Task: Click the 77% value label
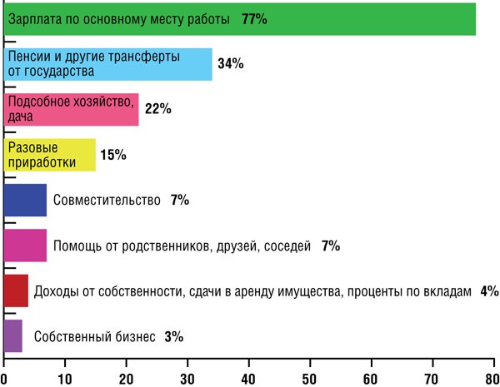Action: pos(254,19)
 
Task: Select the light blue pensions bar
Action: pos(107,64)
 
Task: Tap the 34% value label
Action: pos(231,64)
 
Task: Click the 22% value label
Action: pos(158,109)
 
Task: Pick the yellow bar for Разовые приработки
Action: pos(50,155)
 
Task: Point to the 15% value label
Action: pos(113,155)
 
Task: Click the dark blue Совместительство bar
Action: pos(25,200)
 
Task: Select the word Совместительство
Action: pos(107,201)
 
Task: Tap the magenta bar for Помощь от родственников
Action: pos(25,246)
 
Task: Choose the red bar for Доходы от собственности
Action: pos(16,290)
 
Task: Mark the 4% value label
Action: pos(490,291)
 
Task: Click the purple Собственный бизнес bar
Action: pos(13,336)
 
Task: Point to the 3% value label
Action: pos(174,337)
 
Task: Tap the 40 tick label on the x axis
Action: pos(248,380)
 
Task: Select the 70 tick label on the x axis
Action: pos(432,380)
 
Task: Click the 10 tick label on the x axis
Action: pos(64,380)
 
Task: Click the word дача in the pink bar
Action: pos(20,117)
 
